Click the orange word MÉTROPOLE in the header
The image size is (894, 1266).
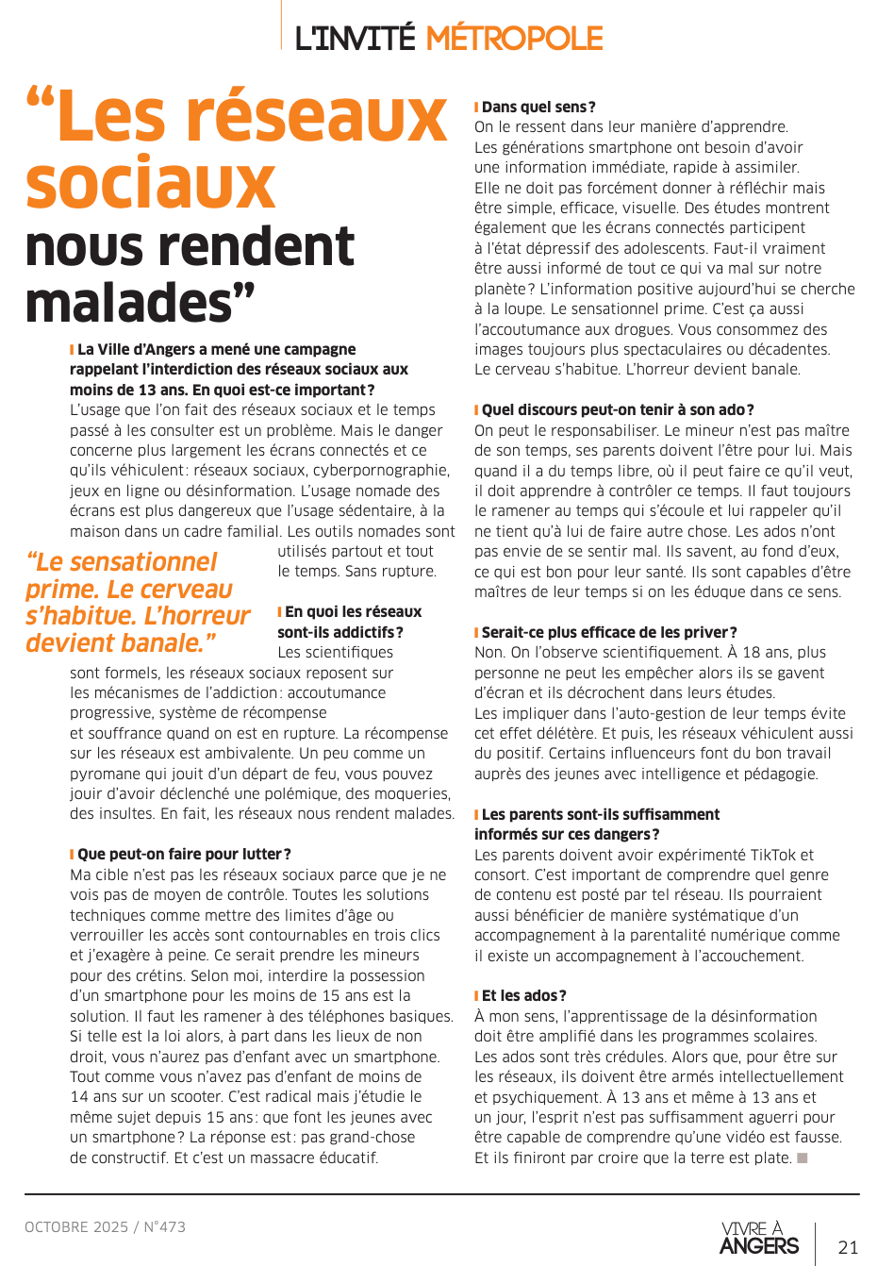514,39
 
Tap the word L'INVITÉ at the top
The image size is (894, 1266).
355,39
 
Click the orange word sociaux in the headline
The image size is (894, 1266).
151,184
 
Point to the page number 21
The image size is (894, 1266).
848,1247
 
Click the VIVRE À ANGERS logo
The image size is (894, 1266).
759,1239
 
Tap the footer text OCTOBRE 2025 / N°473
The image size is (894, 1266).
106,1226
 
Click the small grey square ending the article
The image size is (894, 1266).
803,1158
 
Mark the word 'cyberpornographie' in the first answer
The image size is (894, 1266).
388,471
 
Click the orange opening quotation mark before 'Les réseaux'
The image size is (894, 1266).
41,101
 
